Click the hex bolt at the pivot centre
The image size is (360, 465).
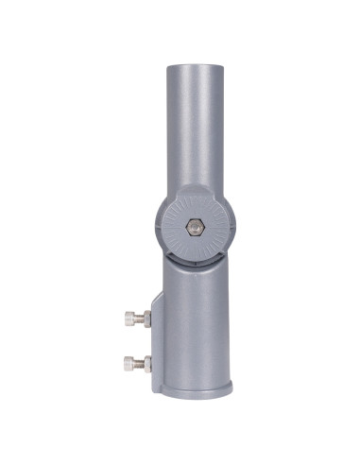tap(195, 229)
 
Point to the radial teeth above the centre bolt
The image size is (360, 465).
tap(195, 206)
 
